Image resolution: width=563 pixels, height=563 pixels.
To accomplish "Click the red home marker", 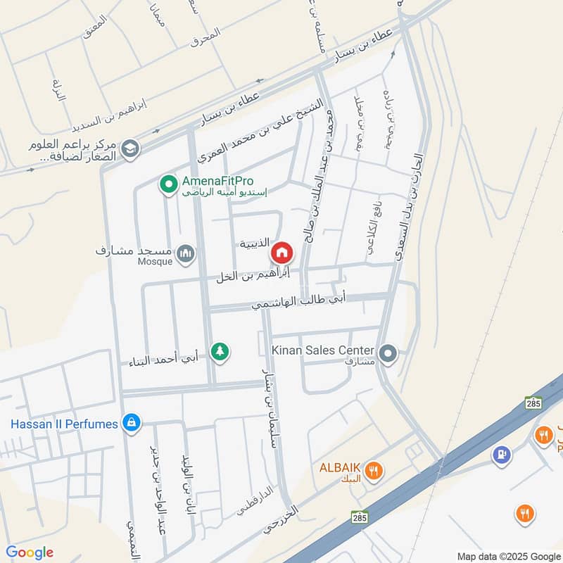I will pos(281,251).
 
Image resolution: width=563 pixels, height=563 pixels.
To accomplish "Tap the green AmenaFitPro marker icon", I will pos(169,185).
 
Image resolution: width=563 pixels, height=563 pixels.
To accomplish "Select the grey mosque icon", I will pos(185,253).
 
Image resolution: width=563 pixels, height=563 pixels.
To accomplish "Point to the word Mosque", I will pos(155,262).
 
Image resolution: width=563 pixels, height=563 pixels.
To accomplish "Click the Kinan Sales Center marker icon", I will pos(388,353).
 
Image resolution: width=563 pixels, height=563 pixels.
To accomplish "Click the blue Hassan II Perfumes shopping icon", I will pos(130,423).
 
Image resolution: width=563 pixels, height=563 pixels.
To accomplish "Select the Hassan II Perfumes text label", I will pos(64,424).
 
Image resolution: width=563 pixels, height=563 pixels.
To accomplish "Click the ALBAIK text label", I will pos(341,469).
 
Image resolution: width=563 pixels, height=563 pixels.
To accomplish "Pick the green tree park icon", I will pos(220,351).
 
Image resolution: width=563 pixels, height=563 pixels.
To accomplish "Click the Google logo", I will pos(30,552).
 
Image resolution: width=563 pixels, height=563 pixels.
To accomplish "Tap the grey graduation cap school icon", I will pos(129,148).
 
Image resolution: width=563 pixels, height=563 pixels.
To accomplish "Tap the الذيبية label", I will pos(253,243).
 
